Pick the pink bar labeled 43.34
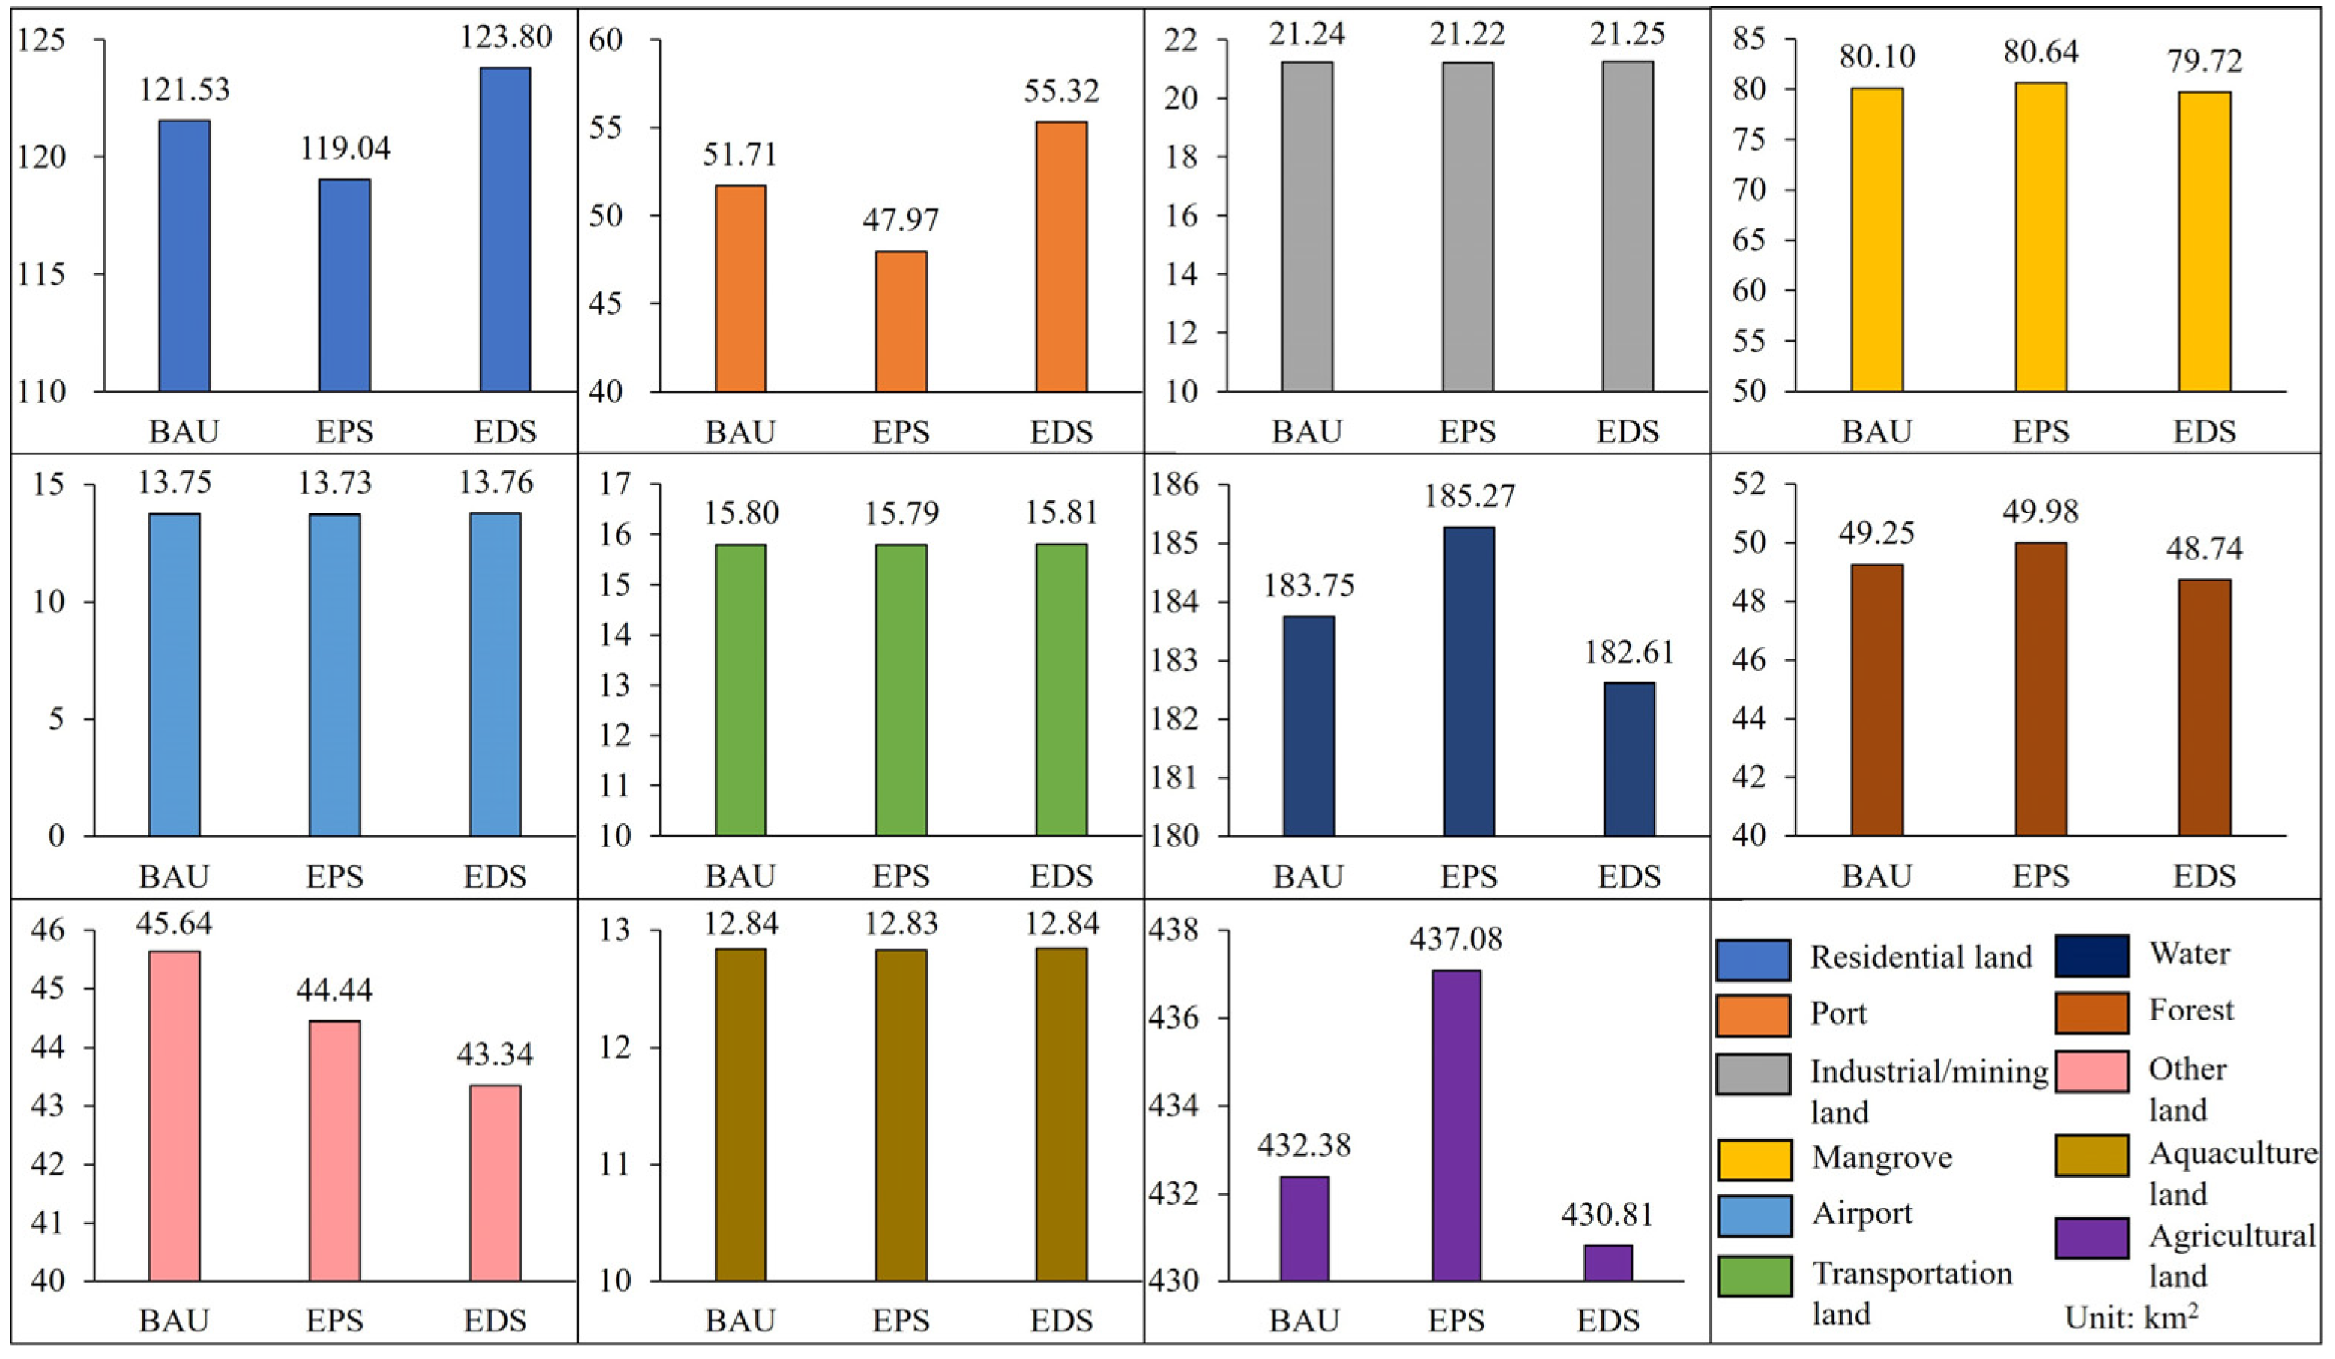[x=495, y=1183]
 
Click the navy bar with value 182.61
[x=1629, y=759]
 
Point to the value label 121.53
[x=184, y=90]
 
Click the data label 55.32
[x=1061, y=91]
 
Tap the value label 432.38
[x=1304, y=1146]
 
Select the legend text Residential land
[x=1921, y=957]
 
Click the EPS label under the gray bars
[x=1468, y=432]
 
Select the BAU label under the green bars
[x=740, y=877]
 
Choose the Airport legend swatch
[x=1753, y=1215]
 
